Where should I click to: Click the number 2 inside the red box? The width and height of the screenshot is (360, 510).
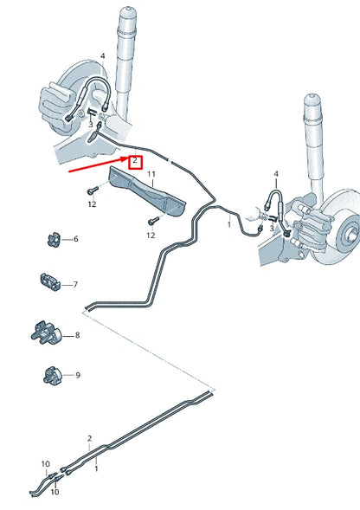click(135, 160)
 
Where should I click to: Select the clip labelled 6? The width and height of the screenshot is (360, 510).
click(52, 237)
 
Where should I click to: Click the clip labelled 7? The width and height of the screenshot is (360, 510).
click(49, 282)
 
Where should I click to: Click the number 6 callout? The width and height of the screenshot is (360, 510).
click(75, 239)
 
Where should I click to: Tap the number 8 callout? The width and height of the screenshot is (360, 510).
click(77, 335)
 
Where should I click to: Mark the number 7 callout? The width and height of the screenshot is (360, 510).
click(75, 284)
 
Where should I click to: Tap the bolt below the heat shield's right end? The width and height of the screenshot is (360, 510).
click(151, 221)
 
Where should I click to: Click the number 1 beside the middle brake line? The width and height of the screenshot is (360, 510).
click(228, 223)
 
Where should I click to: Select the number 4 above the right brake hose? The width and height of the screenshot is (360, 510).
click(276, 174)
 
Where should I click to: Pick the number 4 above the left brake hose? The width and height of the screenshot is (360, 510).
click(102, 56)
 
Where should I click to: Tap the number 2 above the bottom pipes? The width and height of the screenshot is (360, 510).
click(89, 438)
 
